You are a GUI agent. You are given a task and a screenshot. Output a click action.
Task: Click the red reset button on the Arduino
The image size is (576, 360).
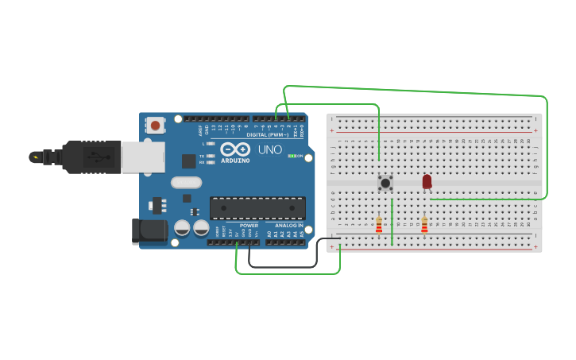[155, 125]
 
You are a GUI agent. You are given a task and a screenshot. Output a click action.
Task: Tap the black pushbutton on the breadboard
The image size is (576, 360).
[385, 183]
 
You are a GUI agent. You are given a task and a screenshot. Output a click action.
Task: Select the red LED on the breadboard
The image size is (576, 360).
[427, 181]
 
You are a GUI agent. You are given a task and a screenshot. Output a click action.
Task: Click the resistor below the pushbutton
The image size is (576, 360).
[379, 226]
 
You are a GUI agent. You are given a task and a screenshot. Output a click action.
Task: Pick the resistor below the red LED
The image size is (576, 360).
[424, 226]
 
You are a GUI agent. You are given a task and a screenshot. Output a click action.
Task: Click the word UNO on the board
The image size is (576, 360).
[270, 149]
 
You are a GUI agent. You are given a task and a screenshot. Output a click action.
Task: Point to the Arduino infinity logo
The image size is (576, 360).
[235, 149]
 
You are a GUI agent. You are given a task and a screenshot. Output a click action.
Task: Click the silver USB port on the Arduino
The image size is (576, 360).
[143, 157]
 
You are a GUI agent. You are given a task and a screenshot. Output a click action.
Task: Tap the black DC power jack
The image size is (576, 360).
[149, 230]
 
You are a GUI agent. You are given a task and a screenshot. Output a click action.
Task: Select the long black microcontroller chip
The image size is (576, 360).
[257, 208]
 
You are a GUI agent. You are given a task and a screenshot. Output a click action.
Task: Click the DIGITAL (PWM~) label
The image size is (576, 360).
[268, 135]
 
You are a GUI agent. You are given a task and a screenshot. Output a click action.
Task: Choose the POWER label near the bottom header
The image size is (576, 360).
[249, 225]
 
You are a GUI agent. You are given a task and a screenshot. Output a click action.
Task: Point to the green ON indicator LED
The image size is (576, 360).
[292, 156]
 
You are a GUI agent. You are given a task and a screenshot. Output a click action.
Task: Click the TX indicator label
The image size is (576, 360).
[203, 156]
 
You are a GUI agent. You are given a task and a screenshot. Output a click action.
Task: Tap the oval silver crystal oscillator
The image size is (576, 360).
[186, 182]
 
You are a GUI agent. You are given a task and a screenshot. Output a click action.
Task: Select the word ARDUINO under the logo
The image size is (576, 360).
[235, 161]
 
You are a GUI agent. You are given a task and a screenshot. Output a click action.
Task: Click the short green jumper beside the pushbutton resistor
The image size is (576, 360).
[392, 222]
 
